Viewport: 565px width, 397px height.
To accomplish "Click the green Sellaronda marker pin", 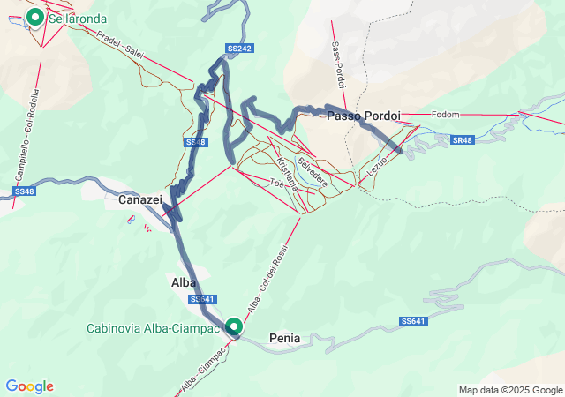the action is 35,16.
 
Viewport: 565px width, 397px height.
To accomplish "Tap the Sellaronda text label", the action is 79,18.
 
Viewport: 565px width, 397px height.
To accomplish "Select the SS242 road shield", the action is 240,49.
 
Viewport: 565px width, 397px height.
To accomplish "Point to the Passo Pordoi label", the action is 364,116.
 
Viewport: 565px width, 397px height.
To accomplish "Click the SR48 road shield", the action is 461,140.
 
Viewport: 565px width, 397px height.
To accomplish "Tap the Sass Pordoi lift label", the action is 338,63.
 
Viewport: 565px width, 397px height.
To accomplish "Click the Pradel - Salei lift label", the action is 120,41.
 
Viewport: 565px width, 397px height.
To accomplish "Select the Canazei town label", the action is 139,200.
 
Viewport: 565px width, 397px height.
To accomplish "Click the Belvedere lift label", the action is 313,171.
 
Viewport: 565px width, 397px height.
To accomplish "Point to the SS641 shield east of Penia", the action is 412,321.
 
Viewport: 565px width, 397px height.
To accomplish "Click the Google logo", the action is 30,386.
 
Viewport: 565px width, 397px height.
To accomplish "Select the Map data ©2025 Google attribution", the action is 509,390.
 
